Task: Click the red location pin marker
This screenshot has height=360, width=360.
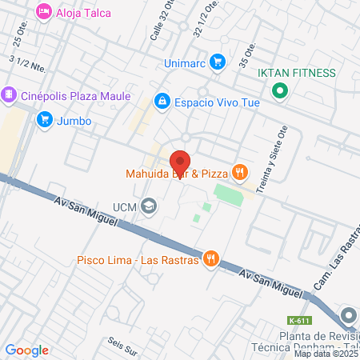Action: [180, 161]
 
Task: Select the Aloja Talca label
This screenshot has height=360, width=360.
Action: [83, 13]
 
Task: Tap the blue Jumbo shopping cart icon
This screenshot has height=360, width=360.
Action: [43, 120]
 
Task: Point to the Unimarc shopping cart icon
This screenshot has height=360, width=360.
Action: [217, 62]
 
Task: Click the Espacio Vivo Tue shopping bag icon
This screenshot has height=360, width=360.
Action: [162, 101]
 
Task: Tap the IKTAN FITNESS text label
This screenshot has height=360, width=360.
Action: [296, 73]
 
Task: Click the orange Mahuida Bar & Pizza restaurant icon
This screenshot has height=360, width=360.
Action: [238, 172]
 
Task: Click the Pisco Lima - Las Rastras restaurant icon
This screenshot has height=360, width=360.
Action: [210, 258]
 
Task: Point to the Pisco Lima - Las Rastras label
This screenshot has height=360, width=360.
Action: [137, 259]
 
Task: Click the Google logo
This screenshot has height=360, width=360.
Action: [27, 350]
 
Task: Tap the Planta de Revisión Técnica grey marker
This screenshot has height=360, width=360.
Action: [349, 314]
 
